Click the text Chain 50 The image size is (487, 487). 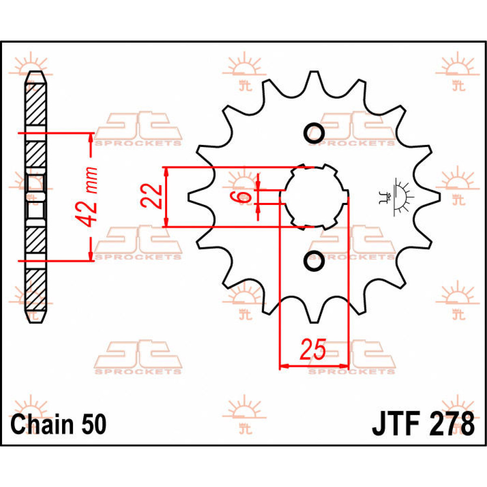pyautogui.click(x=58, y=424)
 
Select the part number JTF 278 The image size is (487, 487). pyautogui.click(x=423, y=424)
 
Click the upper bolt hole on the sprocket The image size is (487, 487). pyautogui.click(x=314, y=133)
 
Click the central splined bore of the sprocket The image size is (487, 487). pyautogui.click(x=314, y=197)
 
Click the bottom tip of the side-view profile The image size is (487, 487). pyautogui.click(x=36, y=321)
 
